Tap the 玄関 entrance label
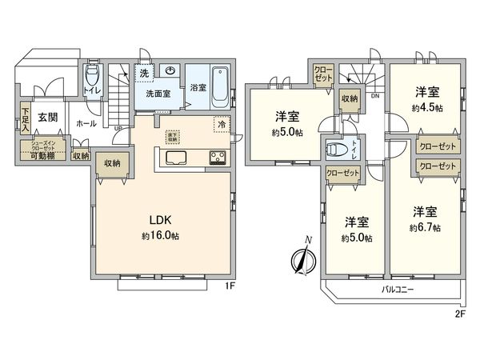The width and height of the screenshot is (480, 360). pyautogui.click(x=47, y=118)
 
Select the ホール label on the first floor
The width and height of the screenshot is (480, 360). pyautogui.click(x=86, y=124)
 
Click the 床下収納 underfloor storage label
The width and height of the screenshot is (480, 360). pyautogui.click(x=173, y=136)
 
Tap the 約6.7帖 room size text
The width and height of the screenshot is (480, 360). pyautogui.click(x=424, y=227)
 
